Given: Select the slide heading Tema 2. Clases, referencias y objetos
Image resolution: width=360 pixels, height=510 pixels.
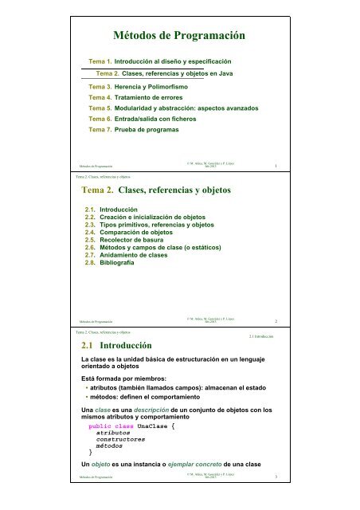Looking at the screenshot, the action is click(174, 191).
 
